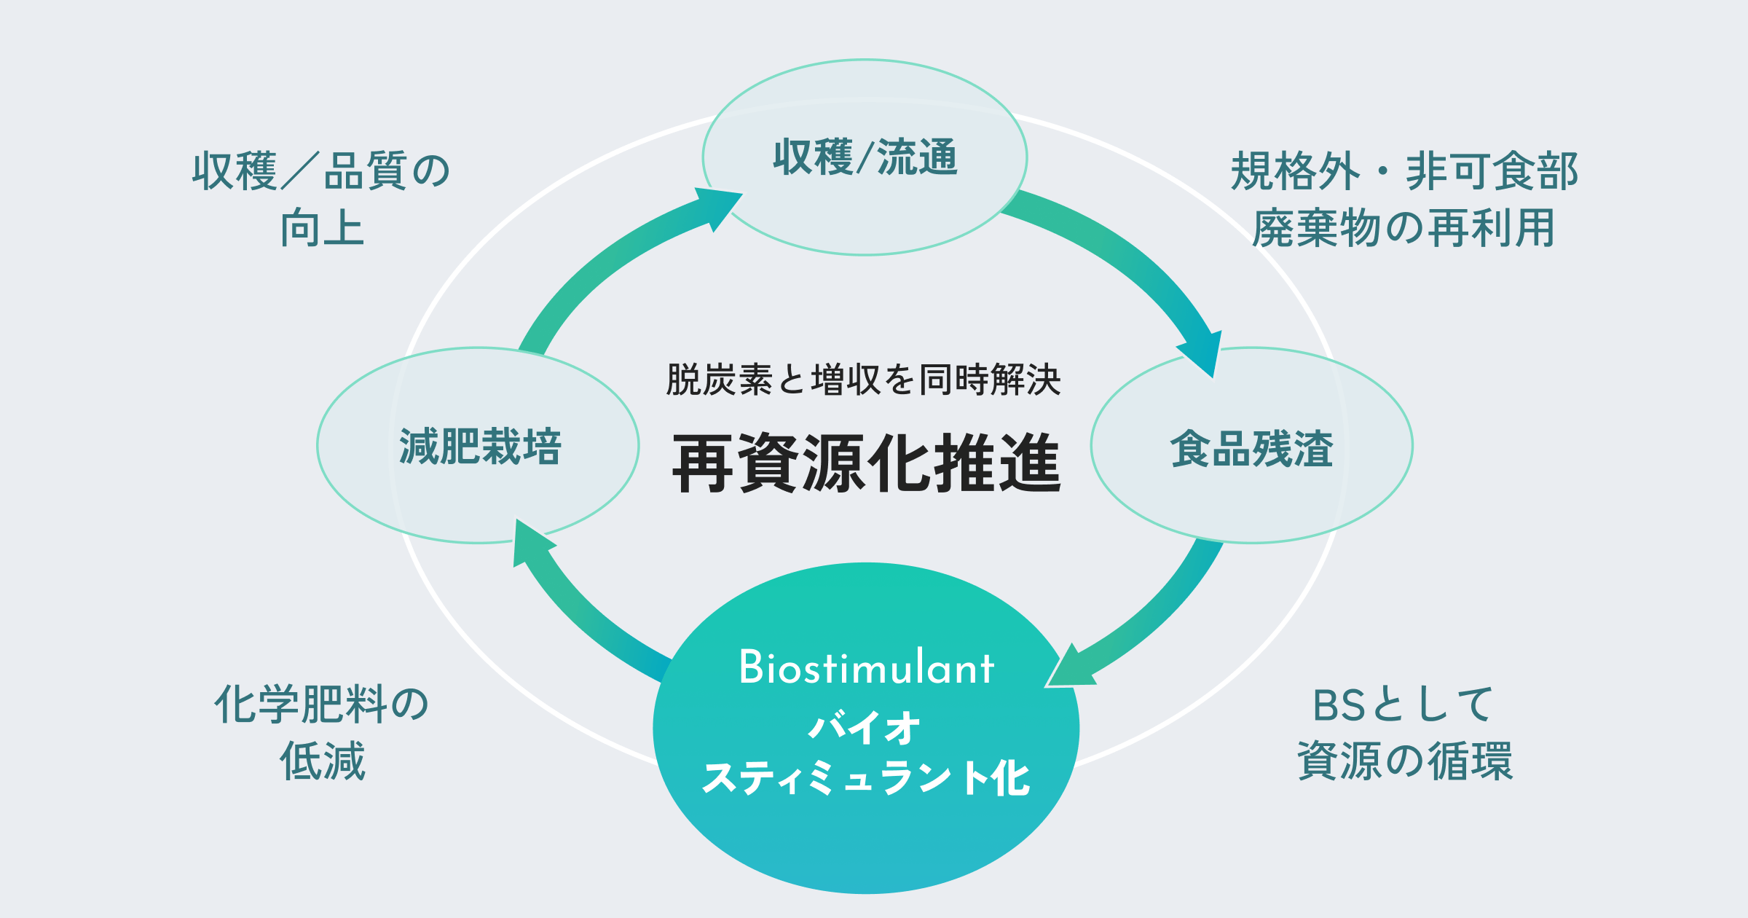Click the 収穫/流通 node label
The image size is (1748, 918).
[x=865, y=157]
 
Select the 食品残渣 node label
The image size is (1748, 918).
[x=1251, y=448]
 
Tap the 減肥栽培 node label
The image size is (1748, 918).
[x=480, y=447]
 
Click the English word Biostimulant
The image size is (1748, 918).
[x=866, y=667]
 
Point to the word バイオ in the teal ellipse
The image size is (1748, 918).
[x=865, y=728]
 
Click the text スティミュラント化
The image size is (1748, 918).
[x=865, y=778]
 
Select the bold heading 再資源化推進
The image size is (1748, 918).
[x=866, y=463]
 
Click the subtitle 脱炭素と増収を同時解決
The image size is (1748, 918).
[x=864, y=380]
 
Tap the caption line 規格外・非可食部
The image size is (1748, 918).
[x=1404, y=172]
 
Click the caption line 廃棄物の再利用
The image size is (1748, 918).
[x=1404, y=228]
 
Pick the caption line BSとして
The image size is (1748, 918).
[x=1403, y=705]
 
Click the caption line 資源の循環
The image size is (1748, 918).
[x=1405, y=761]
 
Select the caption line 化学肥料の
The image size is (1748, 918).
[x=322, y=705]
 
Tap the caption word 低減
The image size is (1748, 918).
[x=323, y=761]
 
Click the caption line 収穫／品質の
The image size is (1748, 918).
[x=322, y=172]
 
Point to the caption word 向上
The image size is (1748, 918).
[x=323, y=228]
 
